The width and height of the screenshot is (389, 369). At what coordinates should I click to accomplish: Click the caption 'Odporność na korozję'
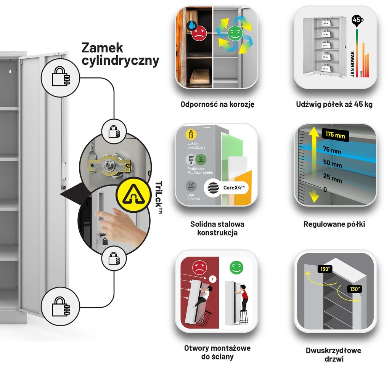(x=217, y=104)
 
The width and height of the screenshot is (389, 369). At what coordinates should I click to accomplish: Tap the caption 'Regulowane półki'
(x=334, y=224)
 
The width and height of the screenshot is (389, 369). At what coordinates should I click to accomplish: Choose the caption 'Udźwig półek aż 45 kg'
(x=334, y=104)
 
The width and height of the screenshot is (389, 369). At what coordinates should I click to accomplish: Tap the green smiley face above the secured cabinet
(x=236, y=268)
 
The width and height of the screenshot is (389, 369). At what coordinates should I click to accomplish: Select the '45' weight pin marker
(x=357, y=20)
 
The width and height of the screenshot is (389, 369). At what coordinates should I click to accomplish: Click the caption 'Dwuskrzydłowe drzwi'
(x=333, y=354)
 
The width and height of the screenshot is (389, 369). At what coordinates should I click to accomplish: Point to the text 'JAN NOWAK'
(x=352, y=64)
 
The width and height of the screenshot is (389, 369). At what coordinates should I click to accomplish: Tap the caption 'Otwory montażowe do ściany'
(x=217, y=352)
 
